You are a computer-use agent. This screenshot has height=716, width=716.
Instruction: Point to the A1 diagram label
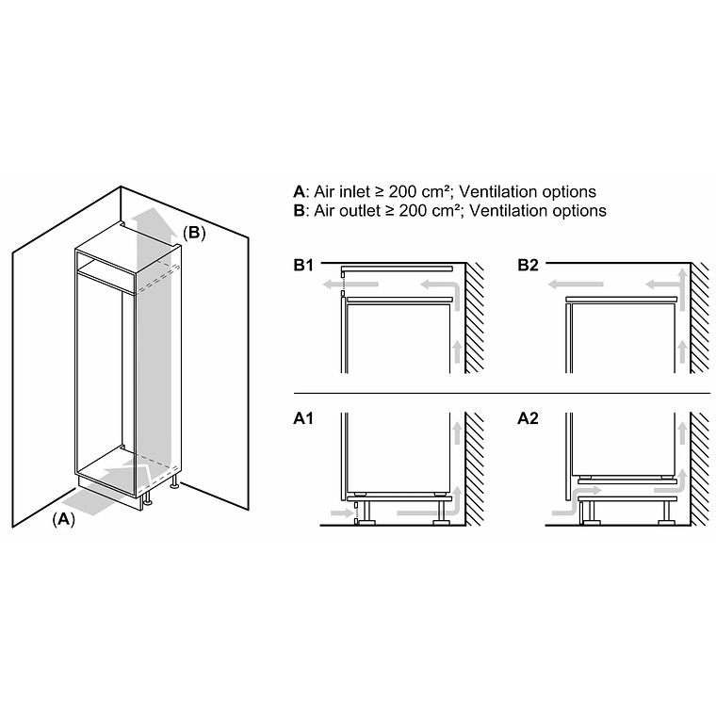click(303, 417)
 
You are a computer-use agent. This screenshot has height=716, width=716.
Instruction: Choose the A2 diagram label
click(528, 417)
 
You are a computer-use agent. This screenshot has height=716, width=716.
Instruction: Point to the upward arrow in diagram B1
click(458, 350)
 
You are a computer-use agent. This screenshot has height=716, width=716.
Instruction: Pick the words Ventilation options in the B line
click(537, 211)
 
